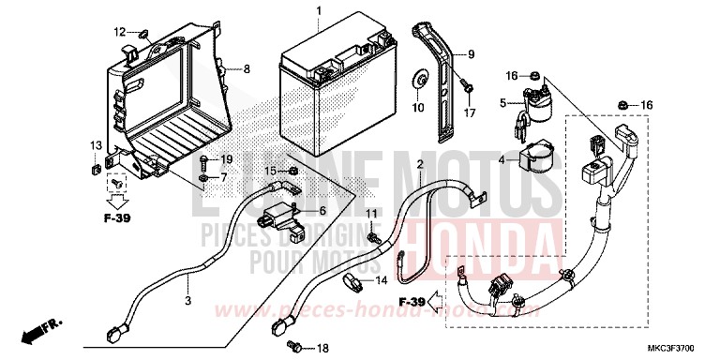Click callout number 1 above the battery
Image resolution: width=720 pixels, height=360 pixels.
319,11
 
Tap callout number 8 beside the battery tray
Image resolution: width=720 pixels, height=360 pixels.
247,68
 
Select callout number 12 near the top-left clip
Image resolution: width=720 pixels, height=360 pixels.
120,32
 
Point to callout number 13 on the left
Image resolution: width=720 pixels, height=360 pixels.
96,145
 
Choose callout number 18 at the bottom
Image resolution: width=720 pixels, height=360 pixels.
322,349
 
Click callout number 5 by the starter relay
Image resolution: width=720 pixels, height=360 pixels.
502,102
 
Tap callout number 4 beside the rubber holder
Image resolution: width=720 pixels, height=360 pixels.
502,161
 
